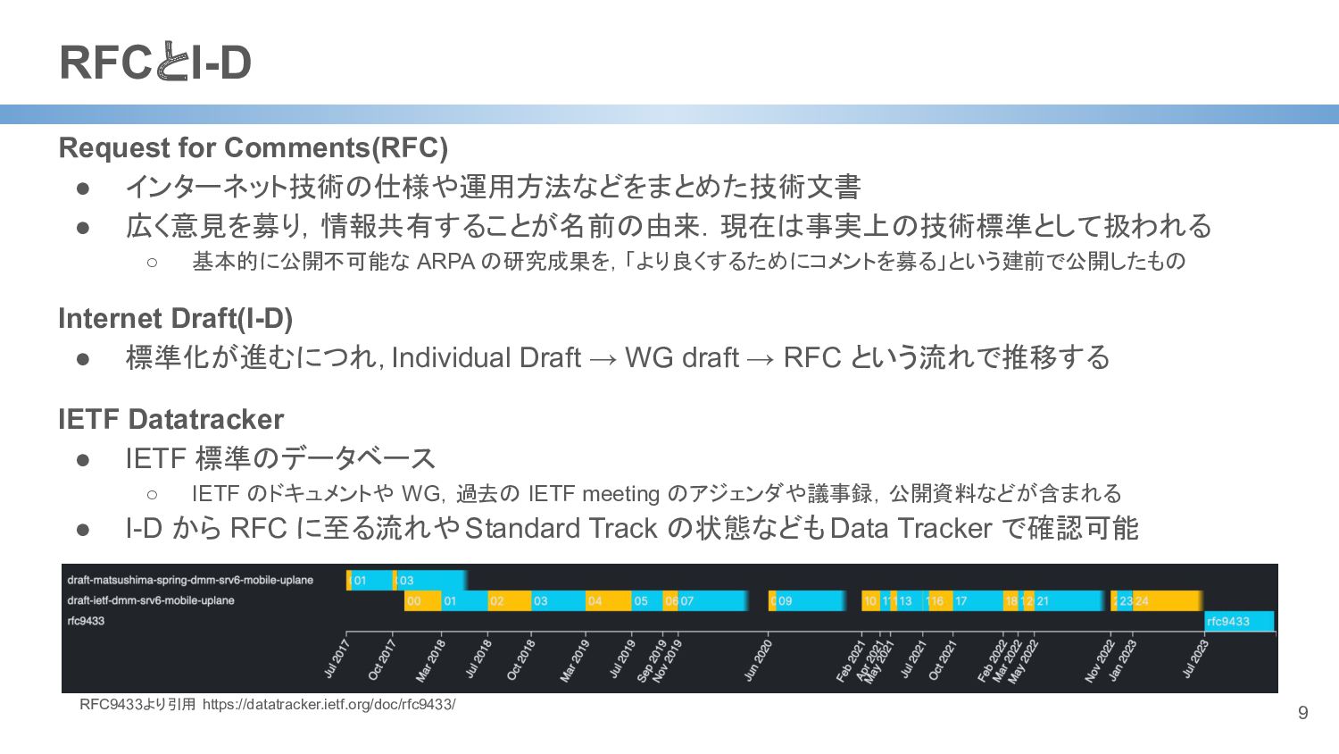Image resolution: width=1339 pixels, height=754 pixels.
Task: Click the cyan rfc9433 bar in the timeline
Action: (x=1239, y=621)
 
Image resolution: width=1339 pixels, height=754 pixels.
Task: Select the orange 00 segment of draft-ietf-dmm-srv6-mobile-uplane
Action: (x=422, y=601)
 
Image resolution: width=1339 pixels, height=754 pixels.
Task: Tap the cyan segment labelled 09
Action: (x=809, y=601)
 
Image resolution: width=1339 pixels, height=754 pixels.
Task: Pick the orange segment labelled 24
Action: (x=1166, y=601)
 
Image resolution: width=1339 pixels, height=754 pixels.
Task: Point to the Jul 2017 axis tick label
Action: (x=337, y=658)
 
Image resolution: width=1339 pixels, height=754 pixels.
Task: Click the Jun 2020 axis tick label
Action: (x=758, y=660)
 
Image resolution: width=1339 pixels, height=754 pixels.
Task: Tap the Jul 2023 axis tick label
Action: (x=1196, y=658)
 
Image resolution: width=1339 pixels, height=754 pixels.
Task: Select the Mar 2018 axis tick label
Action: (x=430, y=660)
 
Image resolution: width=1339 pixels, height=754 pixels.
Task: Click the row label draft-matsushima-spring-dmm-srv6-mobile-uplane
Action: (x=190, y=581)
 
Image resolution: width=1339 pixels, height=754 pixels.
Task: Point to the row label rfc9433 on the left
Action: (x=86, y=621)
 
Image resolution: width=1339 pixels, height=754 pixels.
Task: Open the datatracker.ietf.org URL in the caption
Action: (x=329, y=704)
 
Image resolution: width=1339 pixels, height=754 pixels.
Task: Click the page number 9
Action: (x=1302, y=713)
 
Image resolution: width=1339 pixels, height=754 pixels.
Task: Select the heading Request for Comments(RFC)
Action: (x=254, y=147)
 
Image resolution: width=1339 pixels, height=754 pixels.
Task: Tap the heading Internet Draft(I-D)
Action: (x=176, y=318)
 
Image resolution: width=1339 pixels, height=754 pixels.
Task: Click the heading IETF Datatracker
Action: (x=171, y=419)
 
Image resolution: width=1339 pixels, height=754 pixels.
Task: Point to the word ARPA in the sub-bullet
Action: (x=445, y=262)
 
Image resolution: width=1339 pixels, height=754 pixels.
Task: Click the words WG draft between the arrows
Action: (x=682, y=357)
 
